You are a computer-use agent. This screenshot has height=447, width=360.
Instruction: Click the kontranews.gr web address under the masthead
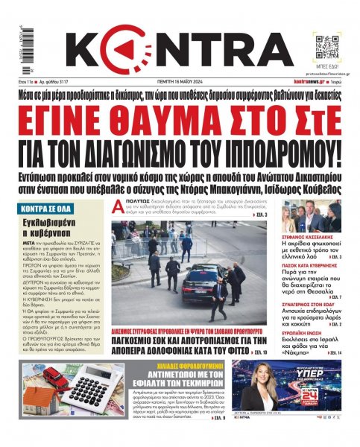[307, 81]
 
